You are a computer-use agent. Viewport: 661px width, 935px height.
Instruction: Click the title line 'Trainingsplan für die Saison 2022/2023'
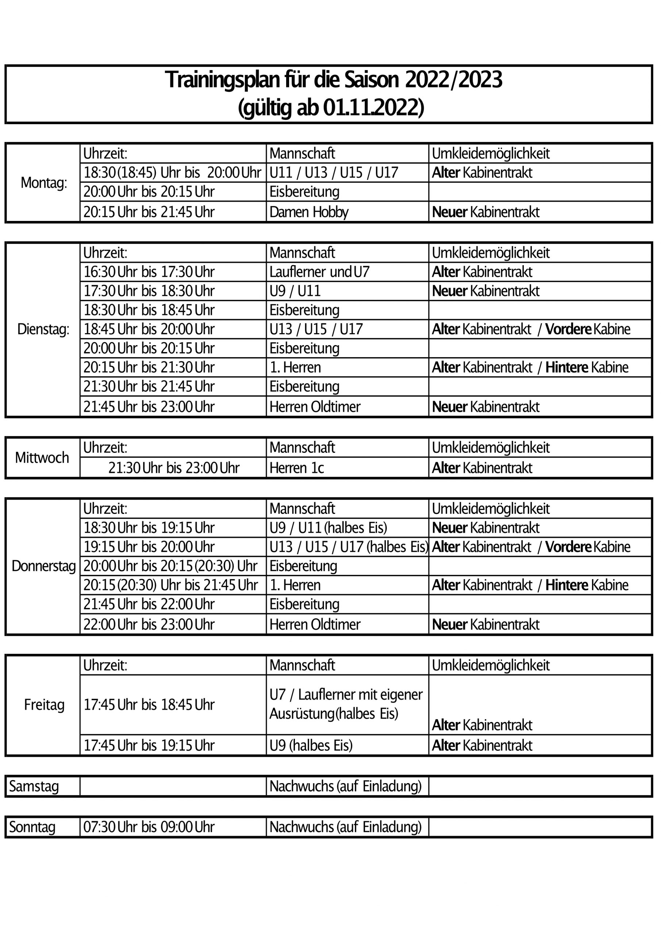[333, 80]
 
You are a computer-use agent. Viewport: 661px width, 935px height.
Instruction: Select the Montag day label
[44, 183]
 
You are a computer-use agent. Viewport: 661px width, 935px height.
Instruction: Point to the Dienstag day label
[43, 329]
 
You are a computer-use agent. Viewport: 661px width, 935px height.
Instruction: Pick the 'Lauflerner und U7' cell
[319, 272]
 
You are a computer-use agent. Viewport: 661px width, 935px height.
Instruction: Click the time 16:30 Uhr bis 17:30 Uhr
[149, 272]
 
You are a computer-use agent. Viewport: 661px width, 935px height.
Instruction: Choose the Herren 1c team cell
[297, 468]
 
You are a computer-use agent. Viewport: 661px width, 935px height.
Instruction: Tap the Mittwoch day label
[42, 458]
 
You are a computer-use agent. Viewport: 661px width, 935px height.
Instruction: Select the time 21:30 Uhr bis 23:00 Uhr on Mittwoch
[174, 468]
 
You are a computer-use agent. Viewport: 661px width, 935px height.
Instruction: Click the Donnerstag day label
[43, 566]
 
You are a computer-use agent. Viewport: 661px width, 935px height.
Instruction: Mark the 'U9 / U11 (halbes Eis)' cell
[328, 528]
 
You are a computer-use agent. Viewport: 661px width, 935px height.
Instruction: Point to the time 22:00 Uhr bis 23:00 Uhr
[149, 624]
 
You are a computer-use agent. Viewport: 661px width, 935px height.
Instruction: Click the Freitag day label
[44, 705]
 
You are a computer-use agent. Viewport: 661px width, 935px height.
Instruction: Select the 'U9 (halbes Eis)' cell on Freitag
[311, 745]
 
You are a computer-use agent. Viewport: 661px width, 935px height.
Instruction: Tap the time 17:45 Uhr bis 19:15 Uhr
[149, 745]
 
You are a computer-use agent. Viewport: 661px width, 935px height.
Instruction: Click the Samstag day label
[34, 786]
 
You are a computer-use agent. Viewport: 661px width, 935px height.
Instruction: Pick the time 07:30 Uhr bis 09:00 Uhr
[149, 827]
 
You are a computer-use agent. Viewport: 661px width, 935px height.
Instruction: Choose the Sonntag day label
[32, 827]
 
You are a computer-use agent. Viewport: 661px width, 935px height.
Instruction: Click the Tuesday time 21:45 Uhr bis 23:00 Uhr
[149, 407]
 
